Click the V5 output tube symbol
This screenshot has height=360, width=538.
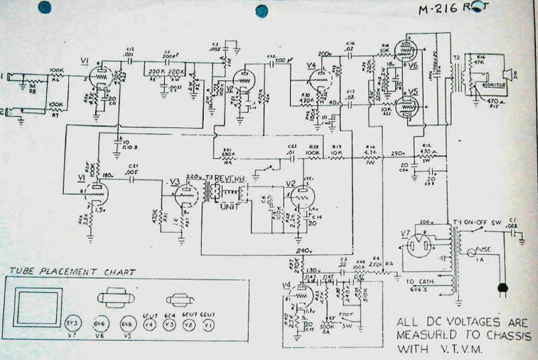point(405,106)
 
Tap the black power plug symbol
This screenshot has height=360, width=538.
point(501,290)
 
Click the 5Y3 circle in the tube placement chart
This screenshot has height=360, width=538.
point(73,324)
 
